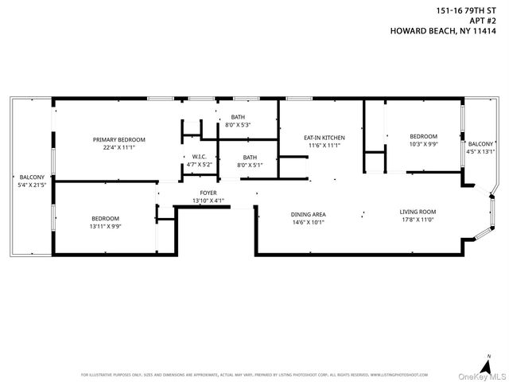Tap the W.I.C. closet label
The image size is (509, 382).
199,156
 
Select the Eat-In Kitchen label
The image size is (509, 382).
324,138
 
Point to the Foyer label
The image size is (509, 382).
208,193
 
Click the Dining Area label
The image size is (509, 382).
308,213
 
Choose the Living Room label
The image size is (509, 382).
418,212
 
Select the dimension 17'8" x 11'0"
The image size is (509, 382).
418,219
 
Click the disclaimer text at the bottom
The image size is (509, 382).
254,375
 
